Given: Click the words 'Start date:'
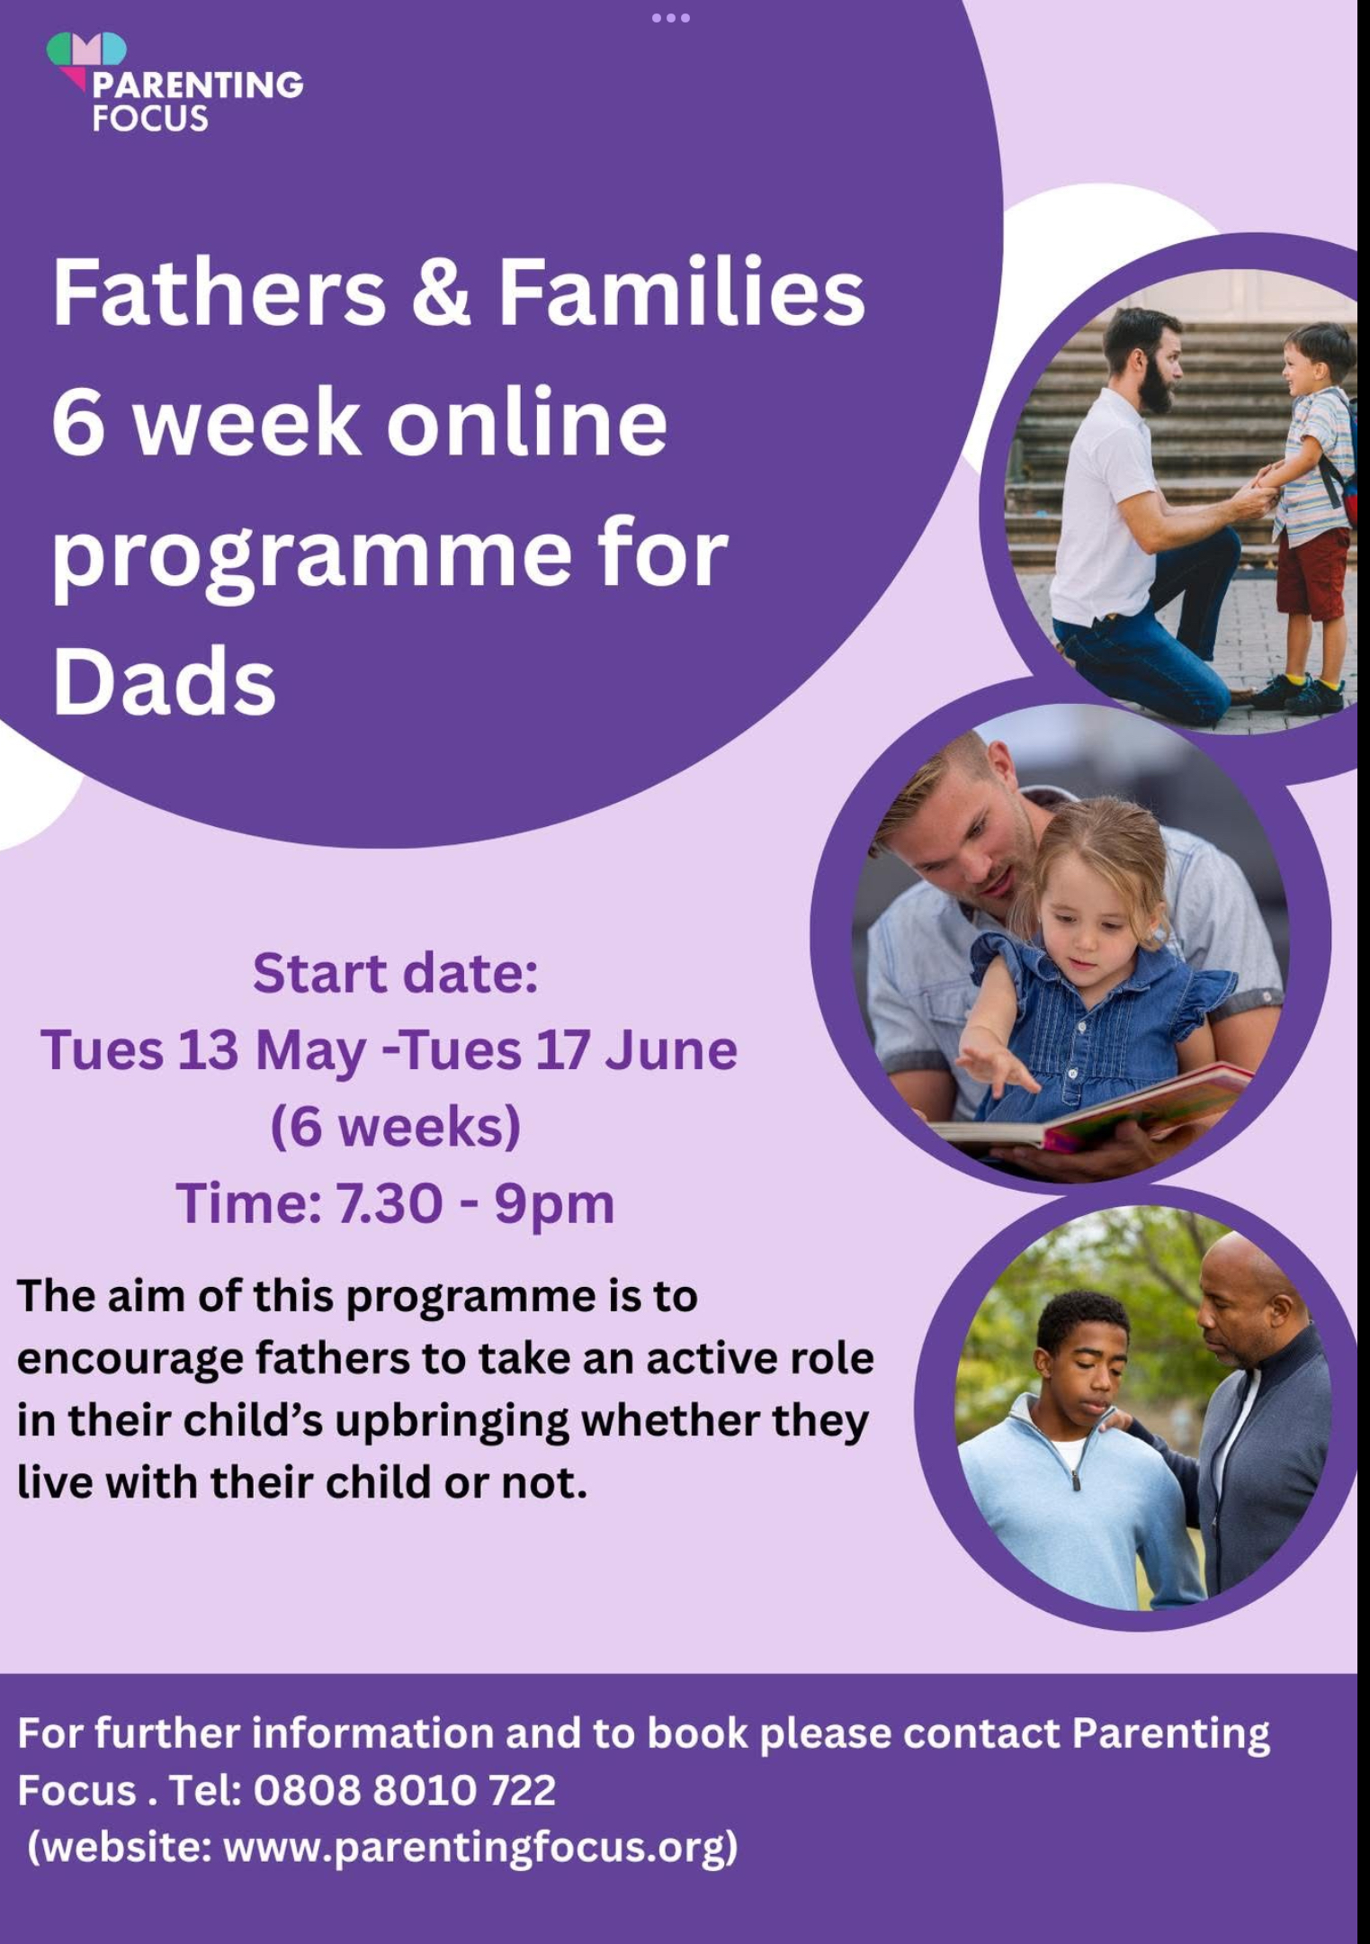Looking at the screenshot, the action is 396,973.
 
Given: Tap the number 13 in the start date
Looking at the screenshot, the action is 208,1049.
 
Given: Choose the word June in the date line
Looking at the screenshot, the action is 671,1049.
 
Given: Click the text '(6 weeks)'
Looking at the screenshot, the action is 396,1127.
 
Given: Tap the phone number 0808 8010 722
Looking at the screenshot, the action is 405,1790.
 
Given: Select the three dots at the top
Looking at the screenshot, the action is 671,17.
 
